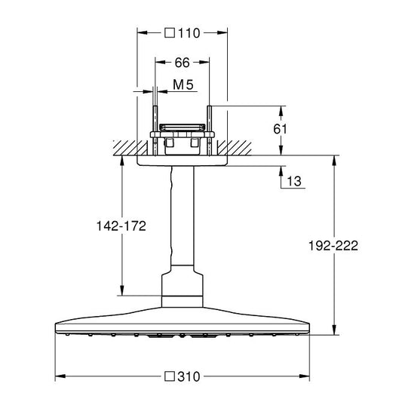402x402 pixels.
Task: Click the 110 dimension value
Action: click(189, 33)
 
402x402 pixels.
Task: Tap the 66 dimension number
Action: click(182, 63)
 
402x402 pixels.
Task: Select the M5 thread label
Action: click(183, 84)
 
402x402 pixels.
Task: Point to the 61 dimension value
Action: click(281, 129)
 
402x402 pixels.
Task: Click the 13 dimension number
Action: click(294, 181)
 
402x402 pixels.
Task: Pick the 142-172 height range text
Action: click(121, 226)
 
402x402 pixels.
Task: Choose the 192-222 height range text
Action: click(333, 246)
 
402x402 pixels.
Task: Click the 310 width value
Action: click(189, 376)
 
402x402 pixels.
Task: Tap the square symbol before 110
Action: click(170, 33)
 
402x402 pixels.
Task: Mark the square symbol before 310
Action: click(170, 376)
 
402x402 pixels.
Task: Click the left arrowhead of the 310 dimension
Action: click(60, 376)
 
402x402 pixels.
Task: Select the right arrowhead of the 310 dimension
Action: click(304, 376)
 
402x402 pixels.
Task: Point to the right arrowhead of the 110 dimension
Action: click(222, 32)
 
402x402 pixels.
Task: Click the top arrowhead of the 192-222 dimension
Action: click(334, 161)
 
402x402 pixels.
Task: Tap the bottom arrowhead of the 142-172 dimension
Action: click(122, 290)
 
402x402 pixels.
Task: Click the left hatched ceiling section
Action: click(130, 148)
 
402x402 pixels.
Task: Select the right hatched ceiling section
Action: click(235, 148)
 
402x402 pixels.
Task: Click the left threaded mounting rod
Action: click(155, 130)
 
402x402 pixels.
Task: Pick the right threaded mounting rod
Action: click(210, 130)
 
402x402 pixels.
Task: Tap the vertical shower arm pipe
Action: click(183, 216)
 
